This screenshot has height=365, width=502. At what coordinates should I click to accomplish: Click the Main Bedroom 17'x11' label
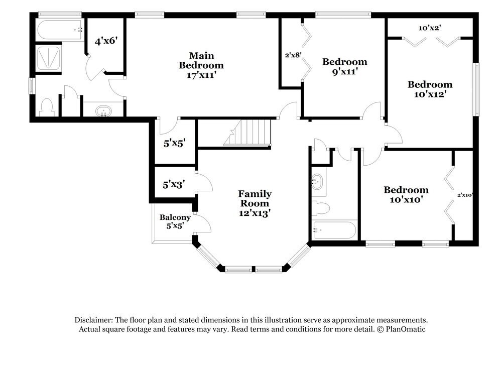pos(201,65)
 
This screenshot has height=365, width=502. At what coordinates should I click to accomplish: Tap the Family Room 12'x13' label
pos(255,203)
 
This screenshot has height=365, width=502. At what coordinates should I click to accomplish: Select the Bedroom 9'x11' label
pos(344,66)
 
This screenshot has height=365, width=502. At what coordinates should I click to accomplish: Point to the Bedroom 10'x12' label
pos(430,89)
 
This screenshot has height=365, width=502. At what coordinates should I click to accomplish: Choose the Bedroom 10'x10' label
pos(406,195)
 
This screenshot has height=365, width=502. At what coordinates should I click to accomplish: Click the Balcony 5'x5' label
pos(175,221)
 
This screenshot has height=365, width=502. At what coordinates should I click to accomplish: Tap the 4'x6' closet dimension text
pos(106,41)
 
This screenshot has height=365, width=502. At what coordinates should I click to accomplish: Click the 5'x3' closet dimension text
pos(174,184)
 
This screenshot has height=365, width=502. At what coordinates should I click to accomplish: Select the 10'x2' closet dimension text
pos(429,28)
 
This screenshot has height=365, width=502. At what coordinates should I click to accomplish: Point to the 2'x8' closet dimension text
pos(292,55)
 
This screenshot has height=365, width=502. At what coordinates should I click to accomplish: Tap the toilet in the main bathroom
pos(47,107)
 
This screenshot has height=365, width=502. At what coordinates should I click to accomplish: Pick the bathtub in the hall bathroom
pos(334,231)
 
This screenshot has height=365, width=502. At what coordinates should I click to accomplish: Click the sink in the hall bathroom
pos(318,181)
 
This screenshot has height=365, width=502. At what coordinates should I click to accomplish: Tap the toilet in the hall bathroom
pos(321,207)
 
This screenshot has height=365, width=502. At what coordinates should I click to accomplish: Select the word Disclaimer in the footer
pos(94,320)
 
